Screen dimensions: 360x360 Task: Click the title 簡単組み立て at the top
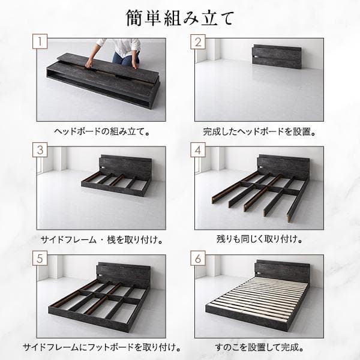click(x=180, y=18)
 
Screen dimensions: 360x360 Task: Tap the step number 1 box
click(x=40, y=41)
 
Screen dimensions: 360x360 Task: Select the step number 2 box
click(x=198, y=41)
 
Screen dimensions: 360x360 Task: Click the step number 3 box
click(x=40, y=149)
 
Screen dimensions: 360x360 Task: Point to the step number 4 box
click(x=198, y=149)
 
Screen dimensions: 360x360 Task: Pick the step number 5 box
click(x=40, y=258)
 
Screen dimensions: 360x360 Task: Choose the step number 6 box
click(x=198, y=258)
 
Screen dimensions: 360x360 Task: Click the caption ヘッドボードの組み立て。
click(x=102, y=131)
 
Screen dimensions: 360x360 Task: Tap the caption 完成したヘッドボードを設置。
click(x=259, y=131)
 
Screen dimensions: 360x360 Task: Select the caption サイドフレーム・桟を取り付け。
click(x=102, y=239)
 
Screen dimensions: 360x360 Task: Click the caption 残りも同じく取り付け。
click(x=259, y=239)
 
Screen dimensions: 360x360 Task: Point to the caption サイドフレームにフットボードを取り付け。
click(x=102, y=347)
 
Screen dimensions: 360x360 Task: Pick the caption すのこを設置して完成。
click(x=259, y=347)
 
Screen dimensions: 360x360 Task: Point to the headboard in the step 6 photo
click(x=282, y=272)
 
